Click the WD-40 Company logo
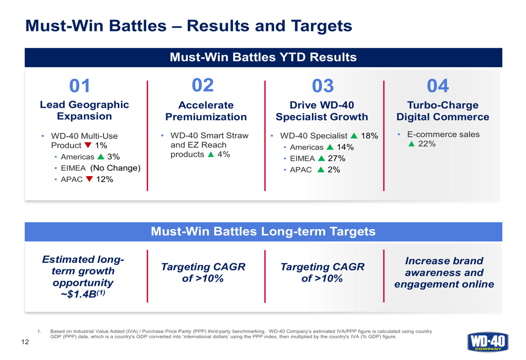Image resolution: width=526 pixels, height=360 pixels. pos(488,339)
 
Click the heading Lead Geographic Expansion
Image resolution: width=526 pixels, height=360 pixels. pos(84,110)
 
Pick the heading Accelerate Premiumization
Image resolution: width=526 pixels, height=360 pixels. pos(206,110)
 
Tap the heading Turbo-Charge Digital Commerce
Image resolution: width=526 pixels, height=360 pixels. pos(442,110)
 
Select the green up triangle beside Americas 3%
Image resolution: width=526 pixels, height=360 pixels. pos(99,157)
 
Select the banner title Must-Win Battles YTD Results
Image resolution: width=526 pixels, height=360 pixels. pos(263,57)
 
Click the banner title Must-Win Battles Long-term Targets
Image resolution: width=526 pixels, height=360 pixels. pos(263,231)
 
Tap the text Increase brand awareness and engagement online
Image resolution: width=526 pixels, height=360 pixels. pos(444,273)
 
